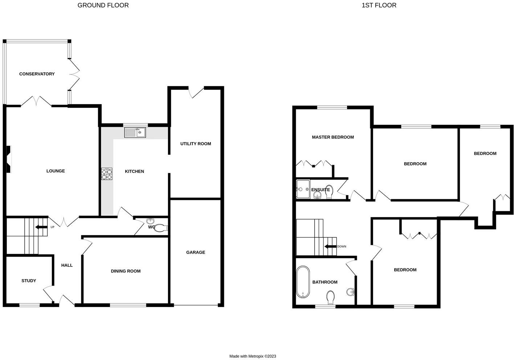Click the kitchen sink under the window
click(135, 132)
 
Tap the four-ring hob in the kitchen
click(107, 174)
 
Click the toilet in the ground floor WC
click(160, 228)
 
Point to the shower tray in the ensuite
click(303, 189)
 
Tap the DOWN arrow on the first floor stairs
click(330, 246)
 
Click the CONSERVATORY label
click(37, 74)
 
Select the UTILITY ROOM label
click(196, 144)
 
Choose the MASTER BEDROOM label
click(333, 137)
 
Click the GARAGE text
click(196, 252)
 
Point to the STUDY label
click(29, 281)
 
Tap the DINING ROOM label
click(126, 271)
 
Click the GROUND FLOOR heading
click(103, 5)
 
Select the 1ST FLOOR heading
click(379, 5)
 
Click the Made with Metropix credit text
click(253, 356)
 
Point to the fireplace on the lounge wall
click(8, 159)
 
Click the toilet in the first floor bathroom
click(330, 297)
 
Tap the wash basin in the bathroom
click(350, 292)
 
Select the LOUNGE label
click(56, 171)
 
